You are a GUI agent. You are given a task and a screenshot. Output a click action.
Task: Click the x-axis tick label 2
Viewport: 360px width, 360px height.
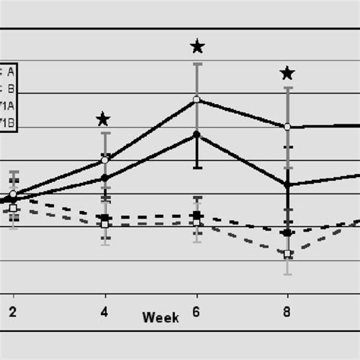13,311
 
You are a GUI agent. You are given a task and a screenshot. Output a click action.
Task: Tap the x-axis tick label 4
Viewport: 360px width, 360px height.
105,311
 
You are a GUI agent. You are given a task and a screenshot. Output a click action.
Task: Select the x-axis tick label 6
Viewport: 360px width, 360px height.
197,311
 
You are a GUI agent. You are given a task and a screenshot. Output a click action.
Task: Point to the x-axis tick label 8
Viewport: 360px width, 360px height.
288,311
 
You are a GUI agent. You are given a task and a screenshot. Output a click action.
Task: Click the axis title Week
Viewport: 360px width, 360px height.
160,317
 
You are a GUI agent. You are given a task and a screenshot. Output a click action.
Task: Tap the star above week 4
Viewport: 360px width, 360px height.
103,119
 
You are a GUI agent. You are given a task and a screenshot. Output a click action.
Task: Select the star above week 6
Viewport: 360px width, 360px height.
197,47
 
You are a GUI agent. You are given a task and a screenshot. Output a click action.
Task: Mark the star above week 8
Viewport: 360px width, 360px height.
287,73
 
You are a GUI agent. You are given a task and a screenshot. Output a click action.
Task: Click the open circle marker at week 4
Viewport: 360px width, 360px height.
105,160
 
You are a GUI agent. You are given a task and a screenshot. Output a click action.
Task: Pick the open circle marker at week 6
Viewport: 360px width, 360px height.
197,99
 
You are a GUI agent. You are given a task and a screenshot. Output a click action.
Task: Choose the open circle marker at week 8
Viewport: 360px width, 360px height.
287,127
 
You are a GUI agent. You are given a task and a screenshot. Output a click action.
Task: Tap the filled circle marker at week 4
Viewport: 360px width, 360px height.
105,178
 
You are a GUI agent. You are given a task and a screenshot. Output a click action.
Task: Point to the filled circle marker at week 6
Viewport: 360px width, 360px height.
197,134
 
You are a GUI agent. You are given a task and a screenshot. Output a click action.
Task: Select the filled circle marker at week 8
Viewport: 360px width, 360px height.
287,184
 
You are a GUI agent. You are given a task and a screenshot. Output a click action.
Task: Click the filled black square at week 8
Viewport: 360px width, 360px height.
287,233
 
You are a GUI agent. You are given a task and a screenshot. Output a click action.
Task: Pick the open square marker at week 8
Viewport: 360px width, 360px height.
287,254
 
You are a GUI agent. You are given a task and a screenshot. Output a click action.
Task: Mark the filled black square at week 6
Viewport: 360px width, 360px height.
197,216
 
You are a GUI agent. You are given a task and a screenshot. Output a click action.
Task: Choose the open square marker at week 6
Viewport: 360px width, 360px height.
197,224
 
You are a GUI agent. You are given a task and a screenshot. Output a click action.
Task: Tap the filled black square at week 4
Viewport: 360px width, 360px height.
105,218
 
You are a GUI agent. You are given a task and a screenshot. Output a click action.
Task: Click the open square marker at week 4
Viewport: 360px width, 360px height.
105,225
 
